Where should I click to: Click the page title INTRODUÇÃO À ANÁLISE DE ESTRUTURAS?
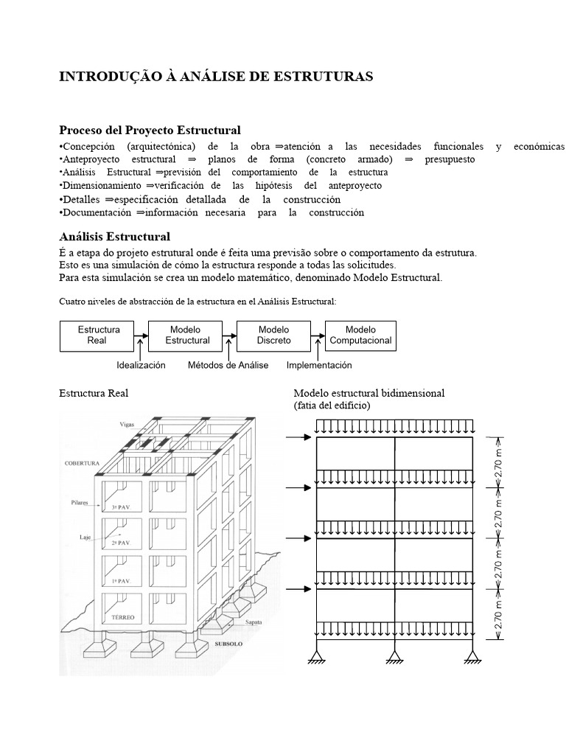216,77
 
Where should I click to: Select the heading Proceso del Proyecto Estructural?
150,131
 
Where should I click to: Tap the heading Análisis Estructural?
114,237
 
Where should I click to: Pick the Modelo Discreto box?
273,335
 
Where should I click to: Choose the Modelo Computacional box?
360,335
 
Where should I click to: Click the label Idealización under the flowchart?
141,365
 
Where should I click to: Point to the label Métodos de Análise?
228,365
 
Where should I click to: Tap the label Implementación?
319,365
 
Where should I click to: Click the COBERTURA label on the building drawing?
81,464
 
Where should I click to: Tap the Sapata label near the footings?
254,622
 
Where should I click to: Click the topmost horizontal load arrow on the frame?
298,438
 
